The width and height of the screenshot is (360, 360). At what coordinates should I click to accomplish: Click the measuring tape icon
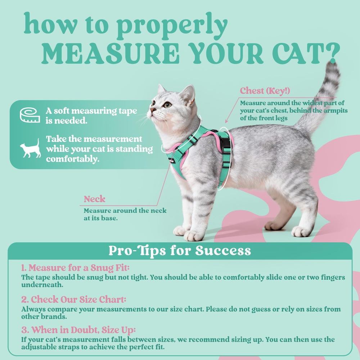click(x=30, y=115)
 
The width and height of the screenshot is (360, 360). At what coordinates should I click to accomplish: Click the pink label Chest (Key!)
click(x=265, y=90)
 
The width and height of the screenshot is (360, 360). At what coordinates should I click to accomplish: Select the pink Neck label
click(x=95, y=199)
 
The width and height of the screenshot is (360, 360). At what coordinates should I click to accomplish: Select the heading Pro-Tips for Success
click(x=180, y=251)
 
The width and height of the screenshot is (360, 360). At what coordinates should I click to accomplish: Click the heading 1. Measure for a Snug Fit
click(x=75, y=268)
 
